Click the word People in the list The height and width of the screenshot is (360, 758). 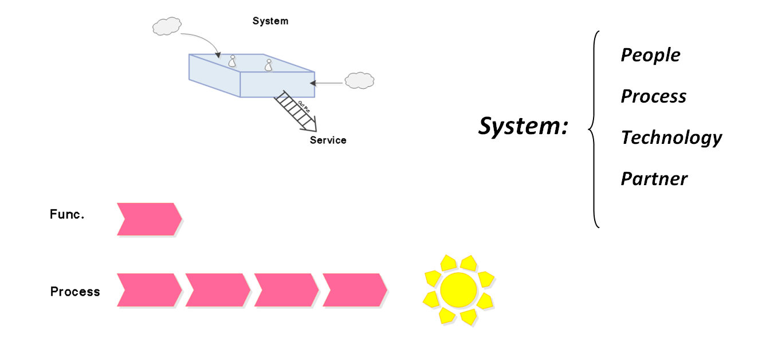click(x=650, y=55)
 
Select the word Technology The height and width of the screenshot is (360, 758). click(x=671, y=138)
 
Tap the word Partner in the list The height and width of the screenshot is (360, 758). click(x=654, y=179)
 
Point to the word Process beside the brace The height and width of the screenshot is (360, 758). click(x=653, y=96)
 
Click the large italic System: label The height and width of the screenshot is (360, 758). click(x=523, y=126)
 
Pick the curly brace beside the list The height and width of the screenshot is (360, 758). click(x=594, y=129)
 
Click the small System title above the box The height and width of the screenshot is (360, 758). click(x=270, y=21)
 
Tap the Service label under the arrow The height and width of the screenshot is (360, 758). click(x=328, y=140)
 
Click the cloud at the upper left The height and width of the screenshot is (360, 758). click(x=167, y=26)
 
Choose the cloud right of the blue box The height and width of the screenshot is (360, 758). click(x=359, y=80)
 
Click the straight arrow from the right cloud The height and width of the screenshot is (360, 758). click(x=328, y=84)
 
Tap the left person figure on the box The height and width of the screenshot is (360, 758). click(x=232, y=61)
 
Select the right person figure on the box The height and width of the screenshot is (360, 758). click(x=268, y=65)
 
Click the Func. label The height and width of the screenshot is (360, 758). click(x=67, y=215)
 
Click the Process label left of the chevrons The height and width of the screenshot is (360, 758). click(x=75, y=291)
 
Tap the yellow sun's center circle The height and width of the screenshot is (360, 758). click(x=458, y=289)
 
